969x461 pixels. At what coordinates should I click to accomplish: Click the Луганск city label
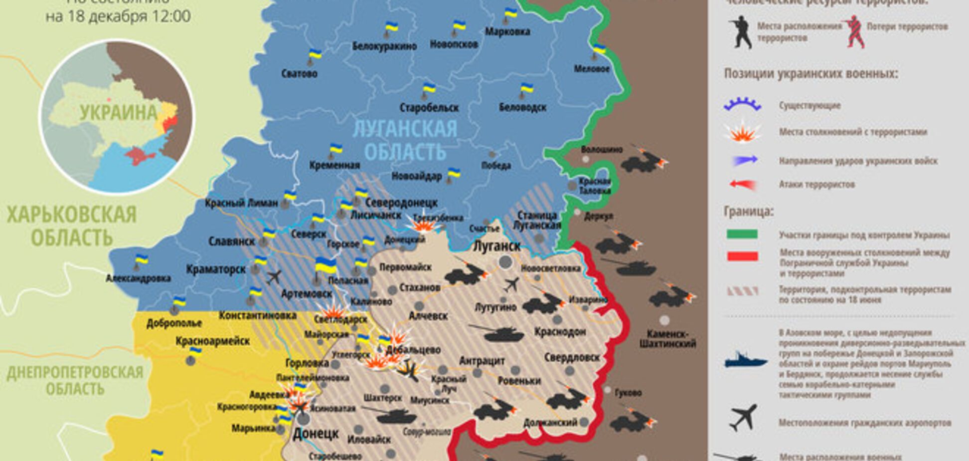(x=496, y=246)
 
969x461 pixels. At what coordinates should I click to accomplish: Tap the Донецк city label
(x=316, y=433)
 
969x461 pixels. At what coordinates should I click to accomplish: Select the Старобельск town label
(x=429, y=107)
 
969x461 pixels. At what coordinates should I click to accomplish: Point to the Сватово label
(x=299, y=74)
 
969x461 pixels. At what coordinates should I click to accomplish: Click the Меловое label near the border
(x=592, y=69)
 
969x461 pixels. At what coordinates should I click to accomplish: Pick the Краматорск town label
(x=216, y=269)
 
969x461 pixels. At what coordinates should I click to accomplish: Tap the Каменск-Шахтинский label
(x=667, y=339)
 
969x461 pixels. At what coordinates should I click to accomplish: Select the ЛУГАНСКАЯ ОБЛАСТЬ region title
(x=405, y=140)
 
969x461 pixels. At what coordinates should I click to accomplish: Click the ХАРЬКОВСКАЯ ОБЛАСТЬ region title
(x=71, y=226)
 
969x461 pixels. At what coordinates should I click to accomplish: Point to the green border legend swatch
(x=742, y=234)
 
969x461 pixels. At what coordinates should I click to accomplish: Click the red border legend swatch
(x=742, y=256)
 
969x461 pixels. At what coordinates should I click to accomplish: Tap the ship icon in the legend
(x=745, y=360)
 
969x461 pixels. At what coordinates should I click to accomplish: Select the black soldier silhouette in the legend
(x=739, y=32)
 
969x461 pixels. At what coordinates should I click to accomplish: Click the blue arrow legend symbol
(x=744, y=161)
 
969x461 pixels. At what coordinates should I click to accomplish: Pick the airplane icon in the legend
(x=743, y=418)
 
